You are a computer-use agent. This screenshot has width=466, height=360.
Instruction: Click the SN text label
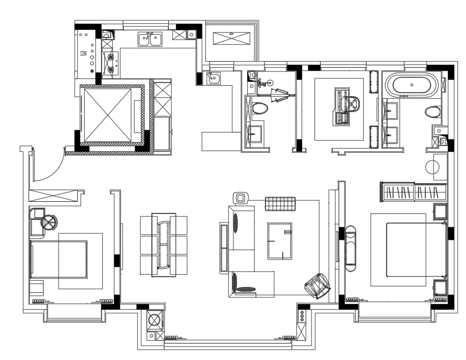coord(84,53)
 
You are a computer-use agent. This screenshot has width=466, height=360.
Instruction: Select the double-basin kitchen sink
coord(150,39)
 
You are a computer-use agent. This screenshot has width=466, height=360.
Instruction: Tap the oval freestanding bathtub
coord(412,85)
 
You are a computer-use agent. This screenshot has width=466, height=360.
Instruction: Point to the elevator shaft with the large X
coord(107,115)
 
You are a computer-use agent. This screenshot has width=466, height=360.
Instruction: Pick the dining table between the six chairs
coord(164,244)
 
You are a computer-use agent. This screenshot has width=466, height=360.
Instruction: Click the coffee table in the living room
coord(280,241)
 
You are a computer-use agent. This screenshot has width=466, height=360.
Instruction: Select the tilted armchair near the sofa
coord(317,286)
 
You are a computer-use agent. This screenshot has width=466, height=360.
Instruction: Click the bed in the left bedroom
coord(59,259)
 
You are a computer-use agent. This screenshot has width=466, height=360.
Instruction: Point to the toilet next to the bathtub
coord(433,112)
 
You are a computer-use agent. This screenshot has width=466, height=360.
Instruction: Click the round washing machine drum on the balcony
coord(155,320)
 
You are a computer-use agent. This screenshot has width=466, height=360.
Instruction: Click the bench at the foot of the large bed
coord(351,248)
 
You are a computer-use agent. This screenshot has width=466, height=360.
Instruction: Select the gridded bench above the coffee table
coord(280,204)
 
